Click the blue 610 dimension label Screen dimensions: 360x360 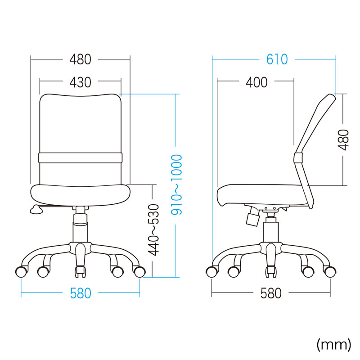277,59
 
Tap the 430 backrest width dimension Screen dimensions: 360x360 81,82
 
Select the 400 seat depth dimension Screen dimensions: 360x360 256,82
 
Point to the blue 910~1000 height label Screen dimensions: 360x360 176,185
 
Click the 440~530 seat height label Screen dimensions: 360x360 153,230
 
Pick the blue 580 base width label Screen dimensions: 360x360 81,293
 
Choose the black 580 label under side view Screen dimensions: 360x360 271,293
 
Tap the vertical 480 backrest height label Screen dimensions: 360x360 344,140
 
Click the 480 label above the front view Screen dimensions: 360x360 81,59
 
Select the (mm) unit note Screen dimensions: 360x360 334,345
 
